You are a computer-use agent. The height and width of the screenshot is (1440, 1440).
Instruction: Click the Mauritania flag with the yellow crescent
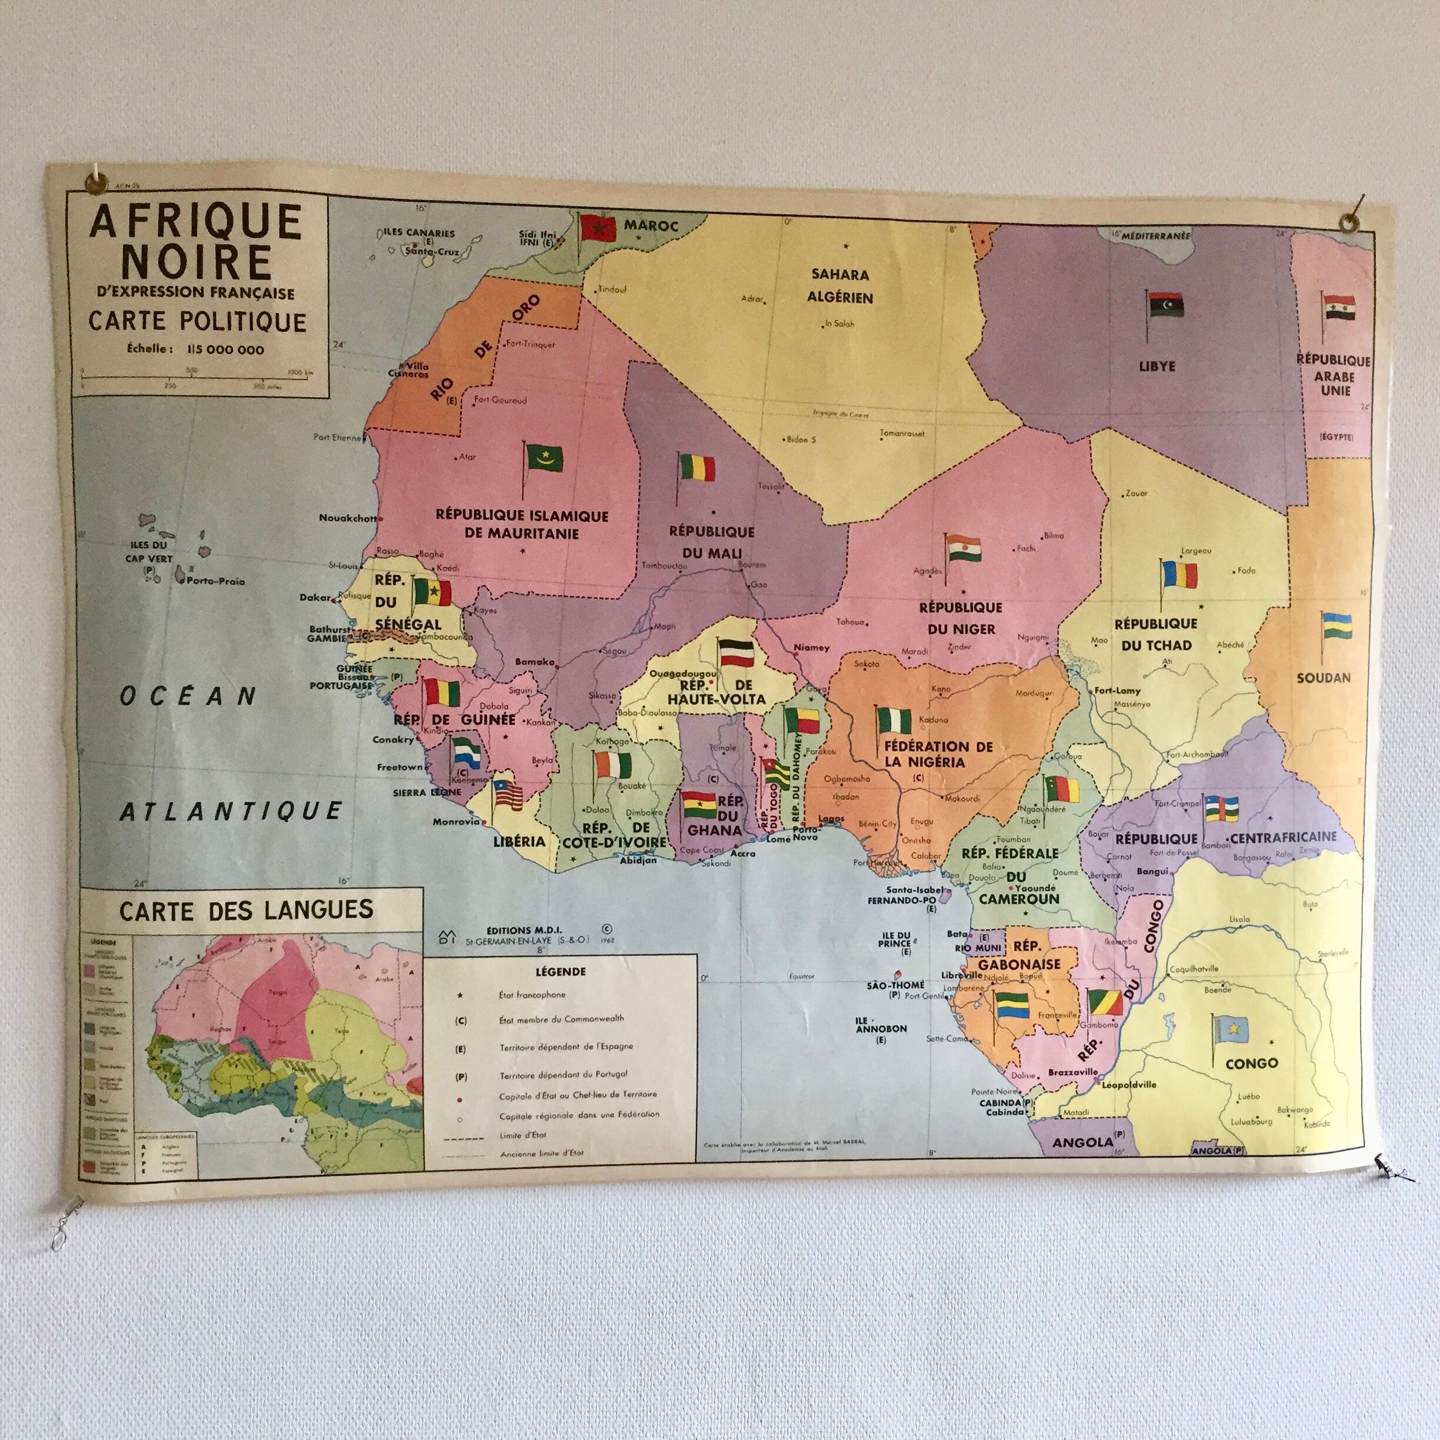(x=544, y=456)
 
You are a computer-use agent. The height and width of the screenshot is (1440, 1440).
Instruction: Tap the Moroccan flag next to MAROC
(x=598, y=228)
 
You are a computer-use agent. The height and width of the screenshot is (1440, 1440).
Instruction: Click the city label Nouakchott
(x=347, y=518)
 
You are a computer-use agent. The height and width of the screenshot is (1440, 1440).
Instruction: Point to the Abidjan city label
(x=639, y=859)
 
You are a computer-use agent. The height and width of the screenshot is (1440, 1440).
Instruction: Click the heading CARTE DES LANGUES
(x=246, y=910)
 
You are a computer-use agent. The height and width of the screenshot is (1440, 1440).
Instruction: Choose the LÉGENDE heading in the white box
(x=561, y=972)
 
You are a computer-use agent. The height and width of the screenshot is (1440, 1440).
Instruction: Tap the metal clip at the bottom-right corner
(x=1385, y=1167)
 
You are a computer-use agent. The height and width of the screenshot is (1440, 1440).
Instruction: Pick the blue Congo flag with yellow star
(x=1230, y=1029)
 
